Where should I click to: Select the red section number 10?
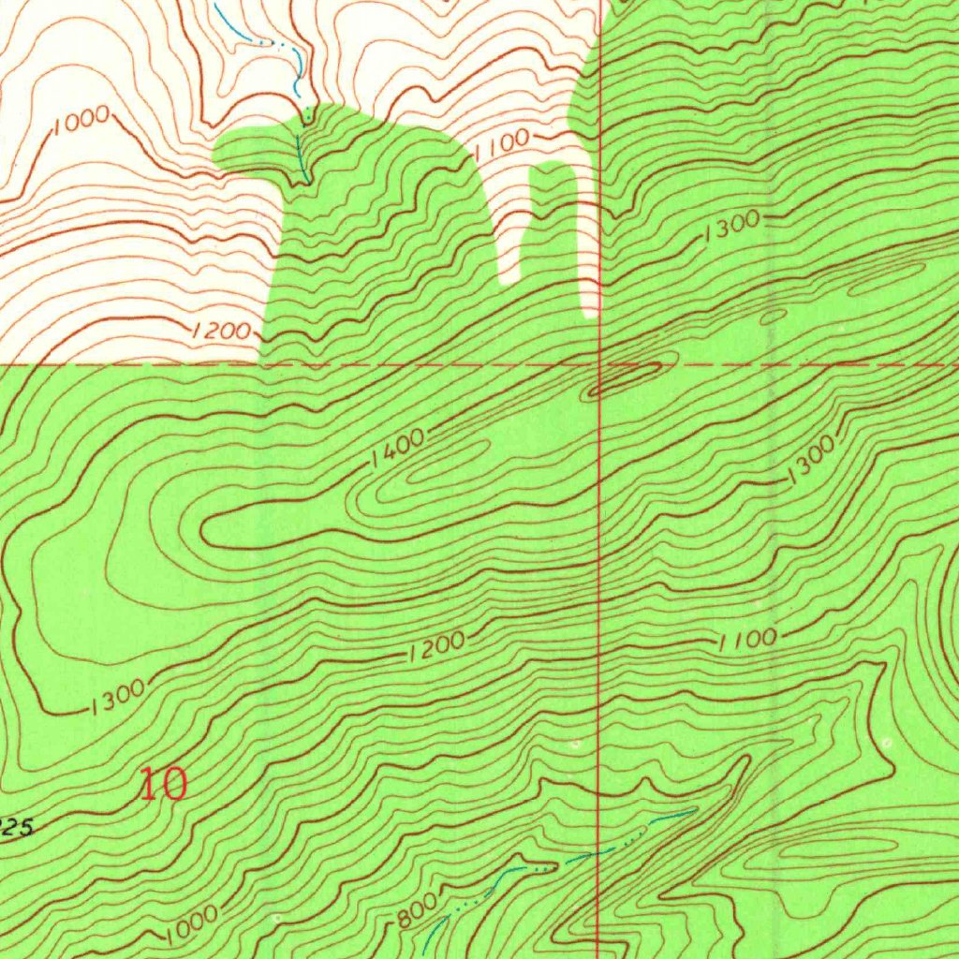point(163,784)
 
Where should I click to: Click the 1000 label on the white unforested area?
point(81,122)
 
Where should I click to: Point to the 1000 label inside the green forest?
point(193,922)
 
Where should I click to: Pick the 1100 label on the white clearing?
point(503,145)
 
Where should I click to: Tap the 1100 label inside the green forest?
point(747,640)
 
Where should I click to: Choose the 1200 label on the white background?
point(222,331)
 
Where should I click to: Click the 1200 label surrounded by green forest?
point(436,647)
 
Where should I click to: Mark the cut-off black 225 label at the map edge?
point(17,827)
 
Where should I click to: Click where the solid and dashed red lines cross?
point(599,363)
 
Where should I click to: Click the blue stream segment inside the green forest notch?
point(302,155)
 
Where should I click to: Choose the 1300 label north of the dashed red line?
point(732,226)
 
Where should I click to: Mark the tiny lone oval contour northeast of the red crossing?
point(775,317)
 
